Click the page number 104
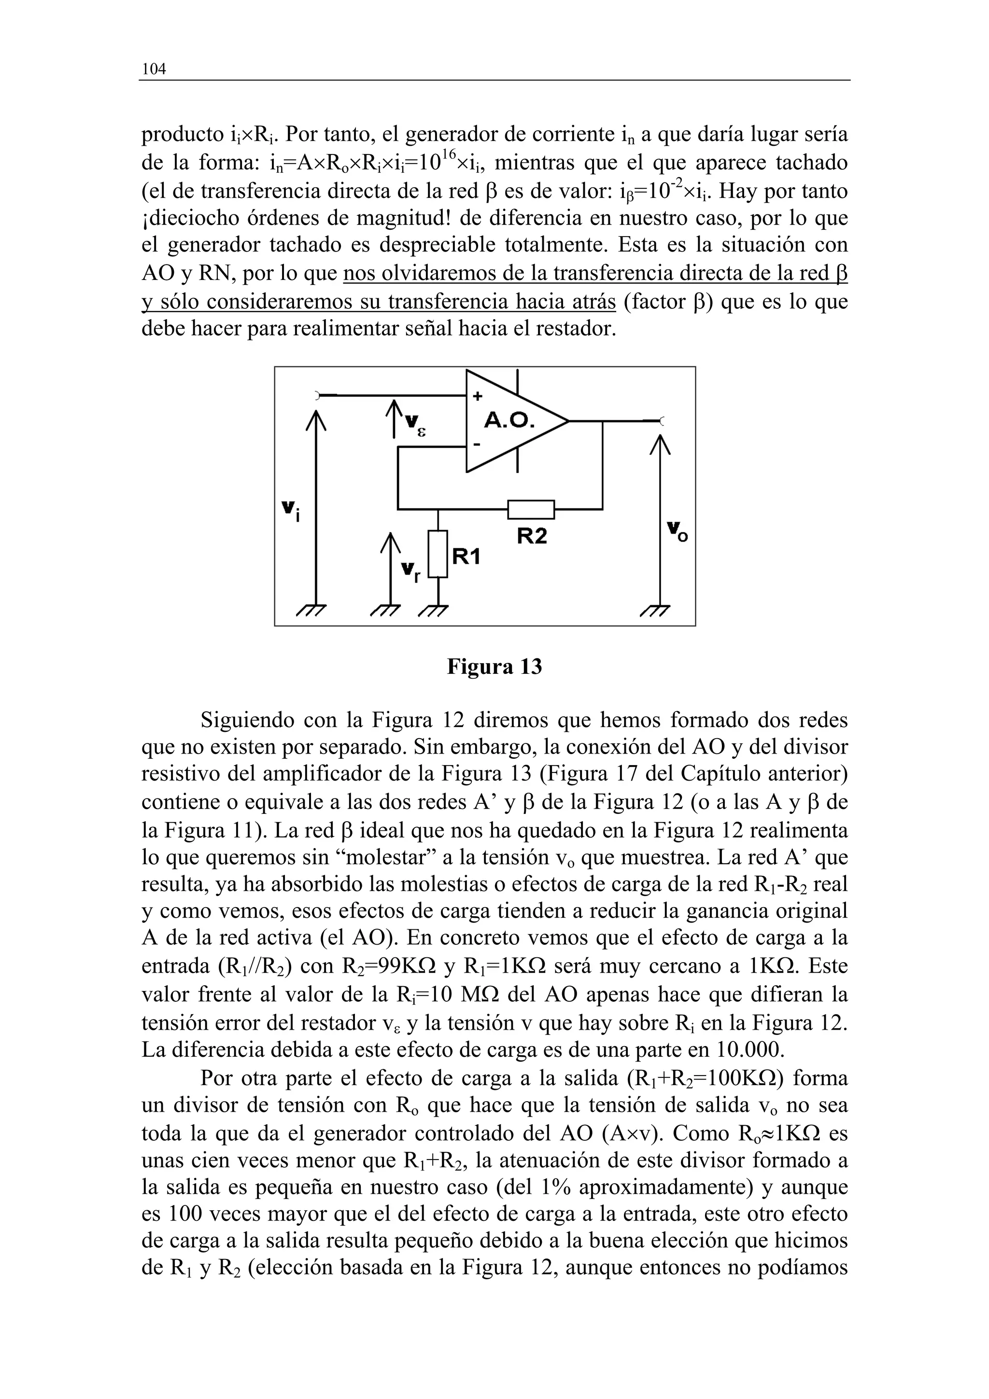click(154, 70)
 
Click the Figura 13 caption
click(494, 667)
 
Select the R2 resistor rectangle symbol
click(531, 509)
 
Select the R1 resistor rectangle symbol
click(438, 553)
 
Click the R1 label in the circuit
click(466, 556)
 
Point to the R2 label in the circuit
click(532, 536)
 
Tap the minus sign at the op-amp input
click(477, 445)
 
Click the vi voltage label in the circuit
click(291, 511)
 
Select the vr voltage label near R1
click(410, 571)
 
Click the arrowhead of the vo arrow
click(660, 443)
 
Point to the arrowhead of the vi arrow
click(316, 420)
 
